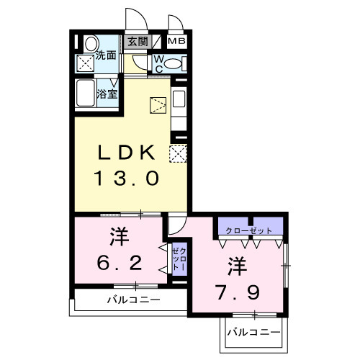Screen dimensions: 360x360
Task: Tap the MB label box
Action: (177, 42)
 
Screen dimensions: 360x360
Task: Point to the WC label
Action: (158, 63)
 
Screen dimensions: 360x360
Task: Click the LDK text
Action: (126, 152)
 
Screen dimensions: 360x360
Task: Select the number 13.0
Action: (126, 177)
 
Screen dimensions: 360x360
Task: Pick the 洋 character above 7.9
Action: (238, 266)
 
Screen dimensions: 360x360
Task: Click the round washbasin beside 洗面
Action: (89, 44)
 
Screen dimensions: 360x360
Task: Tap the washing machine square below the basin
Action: (87, 63)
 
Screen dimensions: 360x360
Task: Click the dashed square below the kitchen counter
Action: (178, 153)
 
